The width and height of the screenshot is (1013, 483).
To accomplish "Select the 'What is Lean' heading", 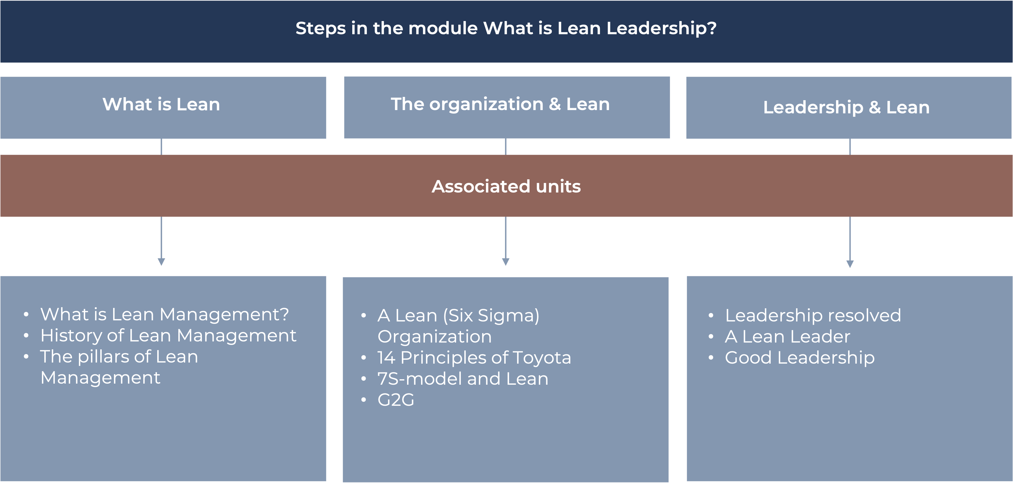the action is pos(161,105).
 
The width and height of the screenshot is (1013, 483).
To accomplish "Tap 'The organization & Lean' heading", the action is pos(500,104).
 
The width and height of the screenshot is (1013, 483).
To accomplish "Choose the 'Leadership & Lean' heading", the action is pos(846,107).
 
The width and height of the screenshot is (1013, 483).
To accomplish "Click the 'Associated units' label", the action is pos(506,186).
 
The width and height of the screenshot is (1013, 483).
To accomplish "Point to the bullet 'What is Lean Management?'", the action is pos(165,314).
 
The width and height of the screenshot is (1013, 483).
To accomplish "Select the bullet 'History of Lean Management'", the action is pos(168,336).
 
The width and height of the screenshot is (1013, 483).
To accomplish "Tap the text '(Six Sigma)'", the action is pos(491,316).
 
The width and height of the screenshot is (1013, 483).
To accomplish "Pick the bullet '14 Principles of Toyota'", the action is pos(474,358).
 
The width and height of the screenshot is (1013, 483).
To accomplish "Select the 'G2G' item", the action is pos(396,400).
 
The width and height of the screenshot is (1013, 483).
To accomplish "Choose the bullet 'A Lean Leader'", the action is pos(787,337).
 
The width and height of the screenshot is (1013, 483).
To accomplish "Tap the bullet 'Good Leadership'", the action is pos(800,358).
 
